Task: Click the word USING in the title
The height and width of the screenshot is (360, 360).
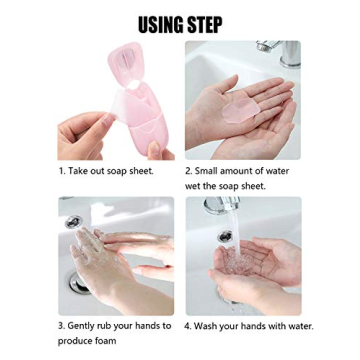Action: click(158, 24)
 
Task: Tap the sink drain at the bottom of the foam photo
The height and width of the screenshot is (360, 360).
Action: click(78, 284)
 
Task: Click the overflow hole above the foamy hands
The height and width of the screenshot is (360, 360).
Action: click(74, 222)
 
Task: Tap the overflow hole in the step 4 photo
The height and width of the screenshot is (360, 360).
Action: click(226, 237)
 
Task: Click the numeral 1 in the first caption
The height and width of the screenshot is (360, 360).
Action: click(60, 171)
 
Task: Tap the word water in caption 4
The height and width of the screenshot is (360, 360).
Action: click(299, 326)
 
